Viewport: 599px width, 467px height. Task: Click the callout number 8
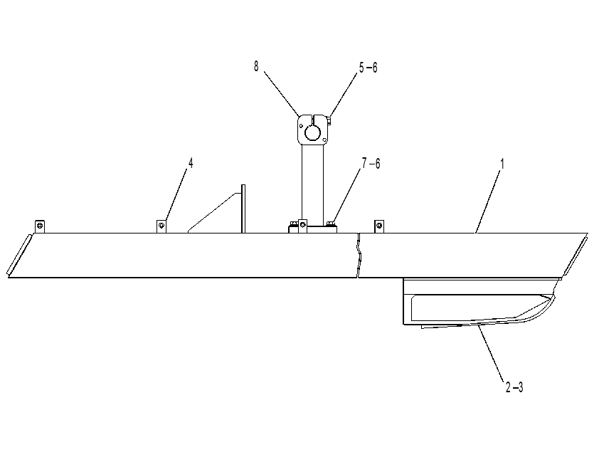(x=256, y=66)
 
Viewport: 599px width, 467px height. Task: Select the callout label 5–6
(x=369, y=68)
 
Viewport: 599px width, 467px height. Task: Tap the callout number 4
(x=191, y=164)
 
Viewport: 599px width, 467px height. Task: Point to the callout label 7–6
(x=371, y=164)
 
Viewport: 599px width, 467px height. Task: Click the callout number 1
(x=502, y=164)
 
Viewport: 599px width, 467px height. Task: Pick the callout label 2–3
(x=514, y=387)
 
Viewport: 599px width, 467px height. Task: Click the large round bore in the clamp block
(x=312, y=133)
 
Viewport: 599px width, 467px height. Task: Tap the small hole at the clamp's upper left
(x=302, y=125)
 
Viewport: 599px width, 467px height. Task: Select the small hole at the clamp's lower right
(x=324, y=140)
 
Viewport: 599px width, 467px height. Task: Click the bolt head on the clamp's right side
(x=330, y=121)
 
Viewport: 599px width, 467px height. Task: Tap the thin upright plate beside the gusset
(x=243, y=209)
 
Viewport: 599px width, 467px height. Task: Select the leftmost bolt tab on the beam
(x=40, y=226)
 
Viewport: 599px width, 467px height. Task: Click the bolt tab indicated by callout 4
(x=161, y=226)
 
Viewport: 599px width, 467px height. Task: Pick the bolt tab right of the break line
(x=379, y=226)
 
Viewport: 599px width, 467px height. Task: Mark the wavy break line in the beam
(x=359, y=255)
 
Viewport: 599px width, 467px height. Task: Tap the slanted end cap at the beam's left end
(x=19, y=255)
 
